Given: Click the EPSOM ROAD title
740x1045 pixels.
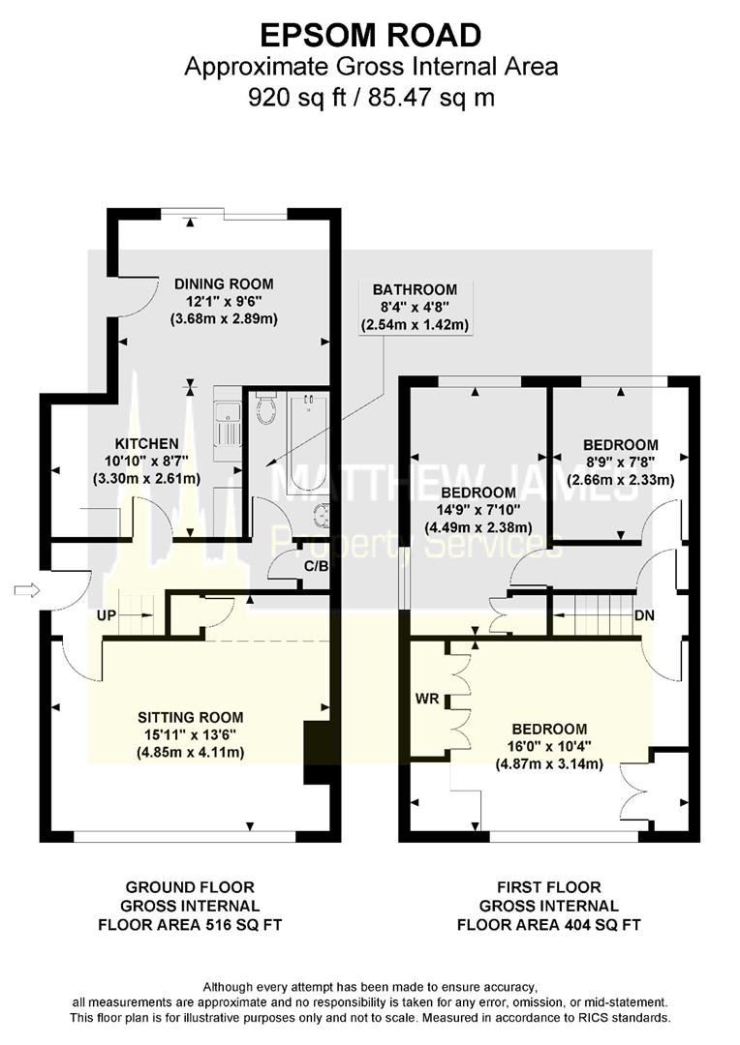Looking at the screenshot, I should click(371, 36).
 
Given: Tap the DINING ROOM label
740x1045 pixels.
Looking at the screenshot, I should click(224, 284).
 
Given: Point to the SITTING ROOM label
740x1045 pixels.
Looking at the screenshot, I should click(190, 717).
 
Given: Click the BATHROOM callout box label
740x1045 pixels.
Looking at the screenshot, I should click(415, 289).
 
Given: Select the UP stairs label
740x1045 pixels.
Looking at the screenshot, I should click(108, 613).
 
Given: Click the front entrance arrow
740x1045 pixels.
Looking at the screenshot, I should click(26, 590).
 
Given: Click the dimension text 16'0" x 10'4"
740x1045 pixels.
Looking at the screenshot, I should click(549, 746).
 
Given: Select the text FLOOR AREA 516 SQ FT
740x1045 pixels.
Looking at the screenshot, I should click(190, 924).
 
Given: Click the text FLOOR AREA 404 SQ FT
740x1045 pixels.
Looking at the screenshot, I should click(549, 924).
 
